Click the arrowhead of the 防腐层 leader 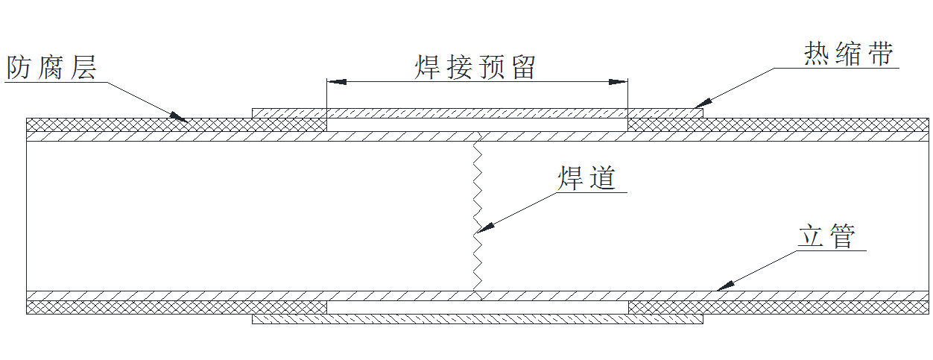[x=180, y=117]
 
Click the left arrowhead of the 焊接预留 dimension [x=333, y=80]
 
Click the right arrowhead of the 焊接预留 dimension [x=621, y=80]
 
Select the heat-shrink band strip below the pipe [x=477, y=319]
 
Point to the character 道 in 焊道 [x=602, y=179]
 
